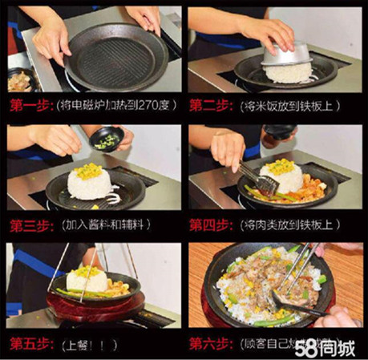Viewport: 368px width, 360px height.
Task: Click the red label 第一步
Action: (30, 104)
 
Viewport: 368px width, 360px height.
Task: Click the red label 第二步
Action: (211, 104)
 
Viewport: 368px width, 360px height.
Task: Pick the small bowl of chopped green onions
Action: (107, 142)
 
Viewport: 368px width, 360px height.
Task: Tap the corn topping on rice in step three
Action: (88, 170)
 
